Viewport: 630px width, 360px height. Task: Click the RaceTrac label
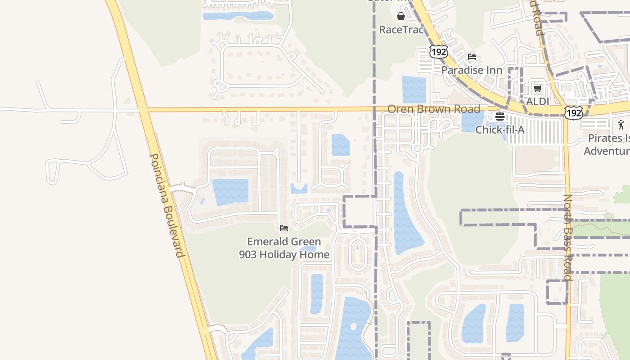pos(401,30)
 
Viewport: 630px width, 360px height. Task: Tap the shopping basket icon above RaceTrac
pos(400,17)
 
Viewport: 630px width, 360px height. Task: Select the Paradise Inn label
pos(472,70)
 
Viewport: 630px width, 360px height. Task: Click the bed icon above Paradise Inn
pos(472,57)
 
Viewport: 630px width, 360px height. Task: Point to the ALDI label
pos(537,101)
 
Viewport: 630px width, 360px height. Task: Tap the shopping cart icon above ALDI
pos(537,88)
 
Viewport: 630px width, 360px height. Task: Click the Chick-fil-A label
pos(500,130)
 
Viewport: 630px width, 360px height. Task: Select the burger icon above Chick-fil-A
pos(500,117)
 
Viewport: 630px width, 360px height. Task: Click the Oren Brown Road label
pos(434,109)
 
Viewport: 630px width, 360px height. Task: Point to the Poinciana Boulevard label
pos(166,205)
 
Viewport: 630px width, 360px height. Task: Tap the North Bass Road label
pos(568,237)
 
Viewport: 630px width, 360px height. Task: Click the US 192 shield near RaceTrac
pos(438,51)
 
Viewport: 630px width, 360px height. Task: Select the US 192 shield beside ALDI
pos(574,112)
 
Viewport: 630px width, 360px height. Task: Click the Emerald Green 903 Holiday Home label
pos(284,248)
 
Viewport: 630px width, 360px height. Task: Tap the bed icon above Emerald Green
pos(284,228)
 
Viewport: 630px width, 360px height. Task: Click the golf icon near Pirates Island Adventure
pos(621,124)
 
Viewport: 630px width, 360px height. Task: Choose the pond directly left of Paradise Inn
pos(414,89)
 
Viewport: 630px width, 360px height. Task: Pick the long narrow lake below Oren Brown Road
pos(405,216)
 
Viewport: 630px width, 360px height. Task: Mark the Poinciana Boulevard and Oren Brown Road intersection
pos(143,109)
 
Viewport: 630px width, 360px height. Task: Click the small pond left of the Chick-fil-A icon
pos(472,121)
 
